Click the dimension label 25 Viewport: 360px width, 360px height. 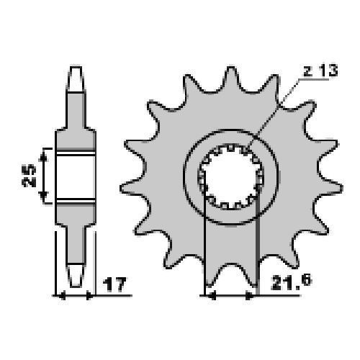click(29, 176)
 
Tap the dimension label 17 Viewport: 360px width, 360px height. click(114, 284)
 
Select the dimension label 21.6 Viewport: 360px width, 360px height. click(291, 282)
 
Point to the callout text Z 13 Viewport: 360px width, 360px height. click(320, 71)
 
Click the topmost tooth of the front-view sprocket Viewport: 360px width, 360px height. click(231, 79)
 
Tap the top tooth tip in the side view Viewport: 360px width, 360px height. click(76, 78)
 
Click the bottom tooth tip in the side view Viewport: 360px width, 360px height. click(76, 276)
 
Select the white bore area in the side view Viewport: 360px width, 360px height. click(76, 177)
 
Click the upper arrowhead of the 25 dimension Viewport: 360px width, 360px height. click(43, 156)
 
